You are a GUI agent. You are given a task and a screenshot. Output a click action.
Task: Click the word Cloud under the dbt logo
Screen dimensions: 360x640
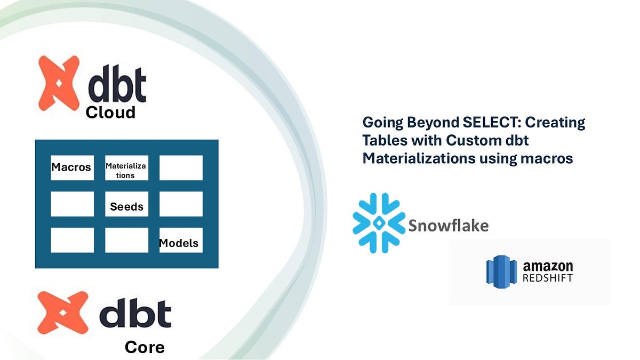[x=110, y=113]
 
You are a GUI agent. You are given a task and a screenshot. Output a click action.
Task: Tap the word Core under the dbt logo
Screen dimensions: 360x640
[x=145, y=348]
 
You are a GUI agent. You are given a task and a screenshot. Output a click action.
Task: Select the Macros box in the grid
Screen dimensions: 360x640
[x=71, y=167]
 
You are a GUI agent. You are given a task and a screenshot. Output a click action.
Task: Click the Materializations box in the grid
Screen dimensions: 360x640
[x=126, y=170]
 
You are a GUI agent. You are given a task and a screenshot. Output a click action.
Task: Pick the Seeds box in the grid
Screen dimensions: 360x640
[x=126, y=206]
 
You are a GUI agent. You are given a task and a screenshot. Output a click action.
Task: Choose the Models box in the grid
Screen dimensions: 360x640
[x=180, y=243]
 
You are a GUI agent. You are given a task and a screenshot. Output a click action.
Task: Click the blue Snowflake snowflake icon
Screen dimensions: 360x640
[x=379, y=222]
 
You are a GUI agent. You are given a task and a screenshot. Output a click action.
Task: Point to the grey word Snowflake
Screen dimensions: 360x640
[x=448, y=226]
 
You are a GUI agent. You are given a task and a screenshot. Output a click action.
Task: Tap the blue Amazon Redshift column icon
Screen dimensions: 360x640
[x=502, y=272]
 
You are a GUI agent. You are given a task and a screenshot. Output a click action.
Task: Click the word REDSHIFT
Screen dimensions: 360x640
[x=548, y=278]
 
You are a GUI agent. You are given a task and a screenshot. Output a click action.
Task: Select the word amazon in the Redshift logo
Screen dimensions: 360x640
[x=548, y=266]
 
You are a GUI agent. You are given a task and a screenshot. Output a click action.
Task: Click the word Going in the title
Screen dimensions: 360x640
[x=381, y=123]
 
